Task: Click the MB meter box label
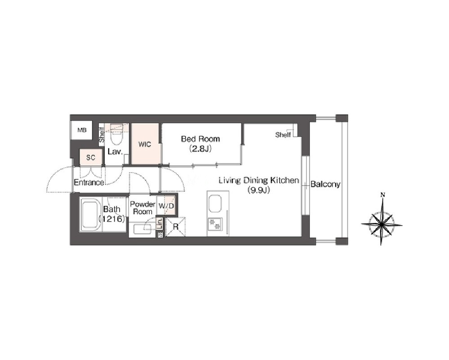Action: coord(82,130)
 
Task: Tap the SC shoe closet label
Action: coord(90,157)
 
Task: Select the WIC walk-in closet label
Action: coord(145,144)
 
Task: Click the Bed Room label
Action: coord(200,139)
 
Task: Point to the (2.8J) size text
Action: coord(200,149)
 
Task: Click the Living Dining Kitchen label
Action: coord(259,180)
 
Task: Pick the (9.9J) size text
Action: coord(259,190)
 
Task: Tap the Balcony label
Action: coord(325,184)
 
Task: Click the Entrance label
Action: coord(89,182)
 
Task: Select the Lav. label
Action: coord(115,151)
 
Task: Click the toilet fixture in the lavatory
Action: coord(116,135)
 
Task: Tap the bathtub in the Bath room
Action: coord(90,213)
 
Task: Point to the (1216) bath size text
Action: coord(111,219)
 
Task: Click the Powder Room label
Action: coord(142,208)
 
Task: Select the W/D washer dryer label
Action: coord(166,206)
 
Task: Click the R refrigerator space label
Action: coord(176,227)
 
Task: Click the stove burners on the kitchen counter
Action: coord(215,223)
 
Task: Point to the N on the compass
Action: coord(382,195)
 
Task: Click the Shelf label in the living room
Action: coord(283,134)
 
